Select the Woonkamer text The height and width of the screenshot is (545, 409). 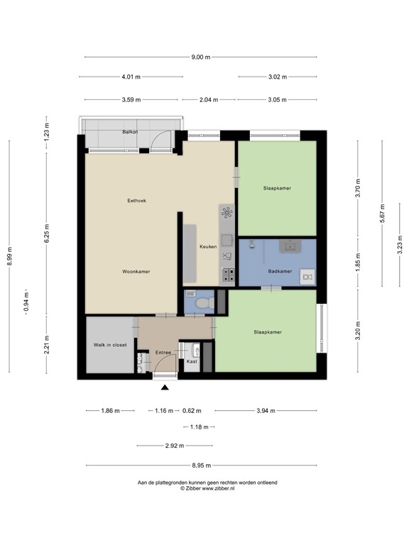136,271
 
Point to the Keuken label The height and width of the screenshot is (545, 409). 207,246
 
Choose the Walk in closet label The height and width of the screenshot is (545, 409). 110,345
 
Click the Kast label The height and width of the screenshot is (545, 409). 192,361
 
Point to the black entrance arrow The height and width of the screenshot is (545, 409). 165,387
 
